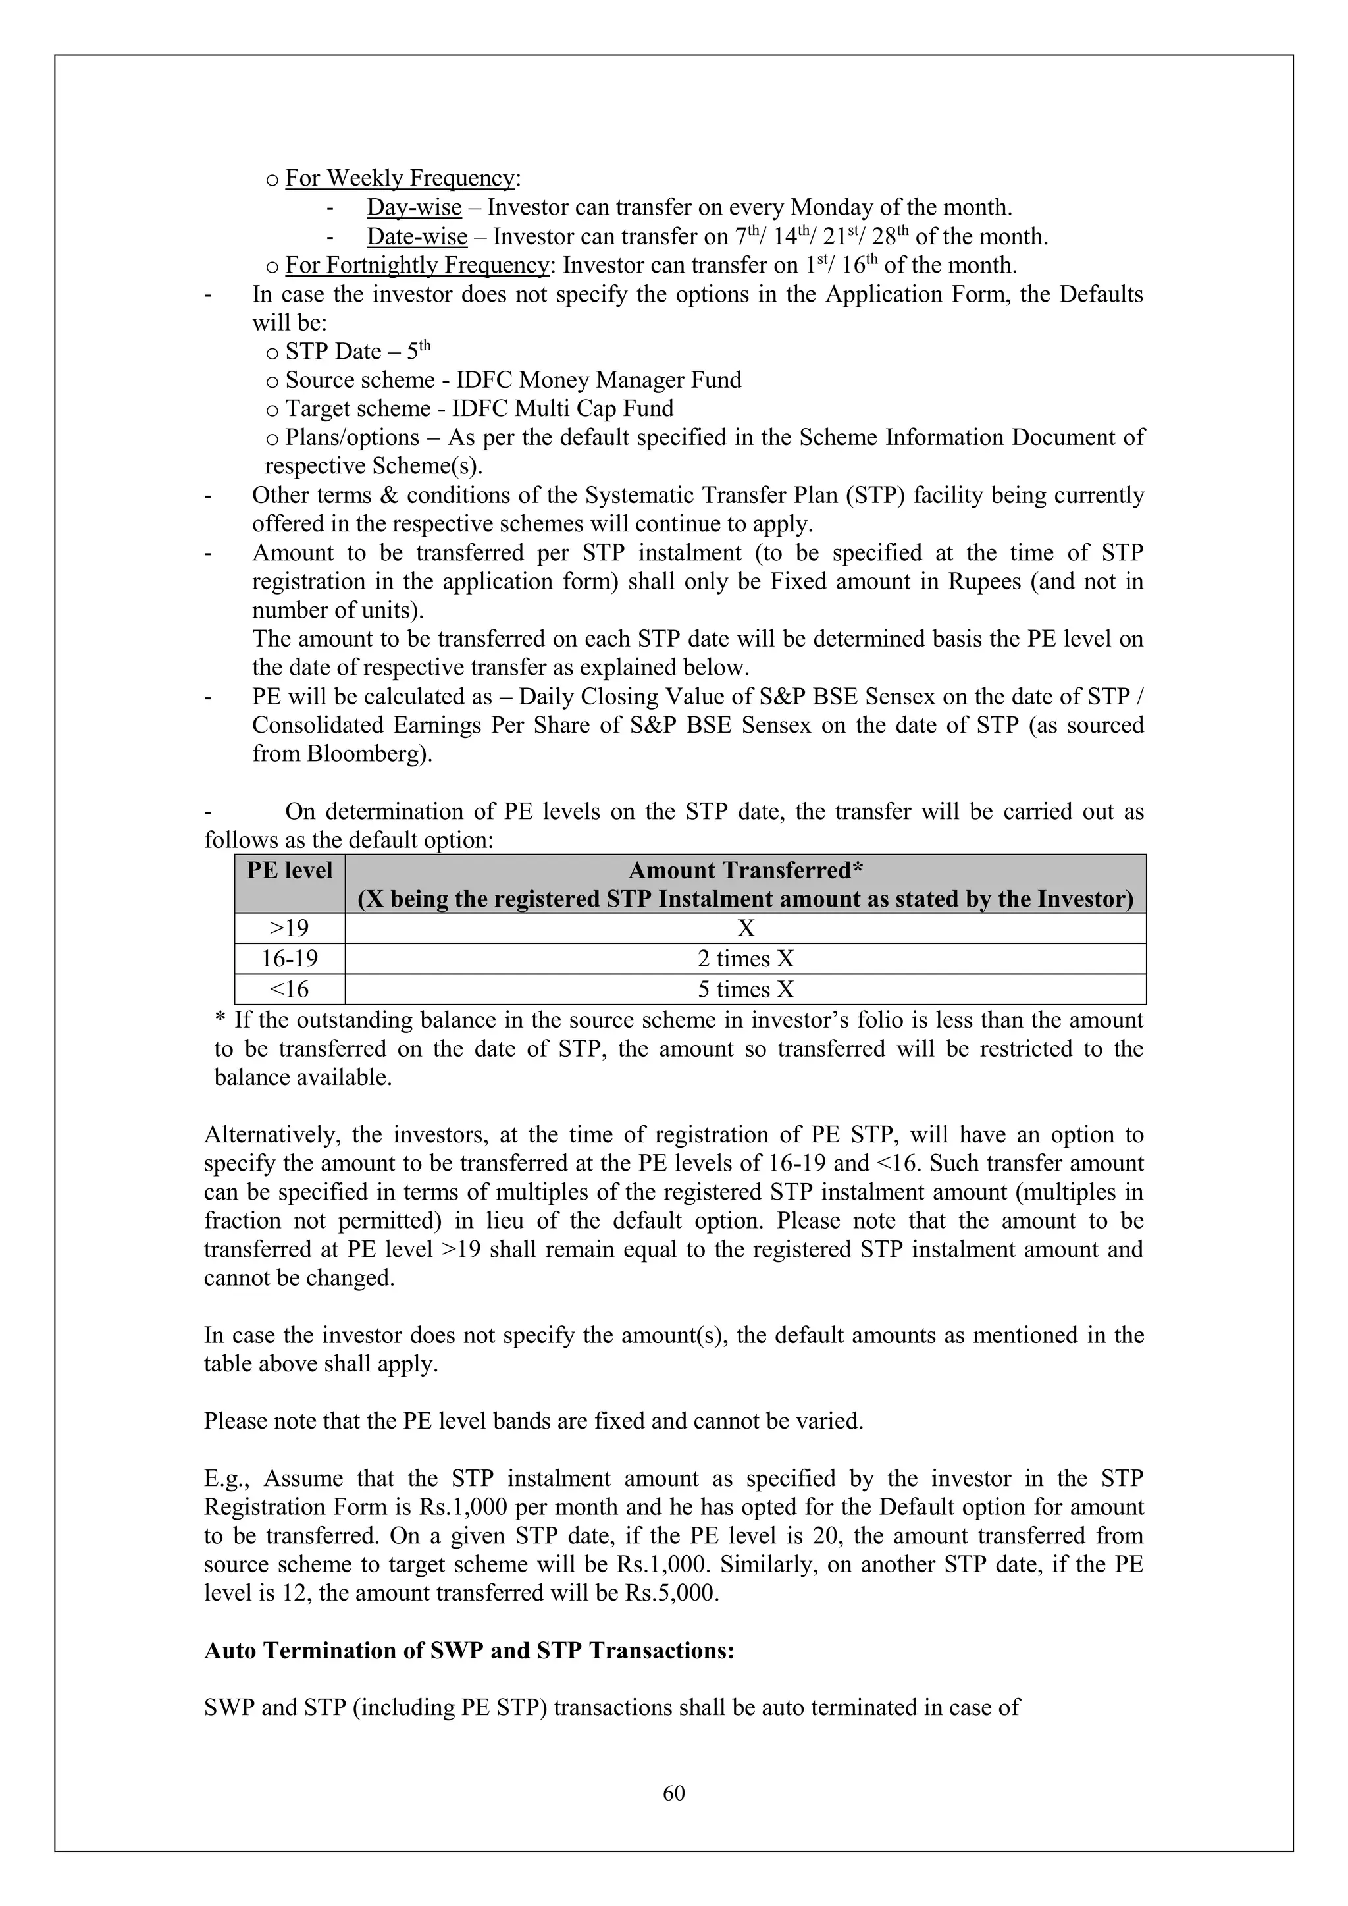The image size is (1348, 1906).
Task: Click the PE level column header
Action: click(x=289, y=871)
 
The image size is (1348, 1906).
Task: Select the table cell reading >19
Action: click(x=289, y=928)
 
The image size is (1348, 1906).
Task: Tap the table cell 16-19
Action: click(x=289, y=959)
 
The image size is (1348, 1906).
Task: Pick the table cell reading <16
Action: click(x=289, y=990)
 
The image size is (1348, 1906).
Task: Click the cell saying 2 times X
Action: click(x=744, y=959)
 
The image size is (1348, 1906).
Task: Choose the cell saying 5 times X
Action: click(x=744, y=990)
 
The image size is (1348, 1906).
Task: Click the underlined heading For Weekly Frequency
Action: click(x=400, y=178)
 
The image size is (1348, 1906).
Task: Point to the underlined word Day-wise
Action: click(x=414, y=207)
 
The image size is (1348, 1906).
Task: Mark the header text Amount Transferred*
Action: click(x=745, y=871)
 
